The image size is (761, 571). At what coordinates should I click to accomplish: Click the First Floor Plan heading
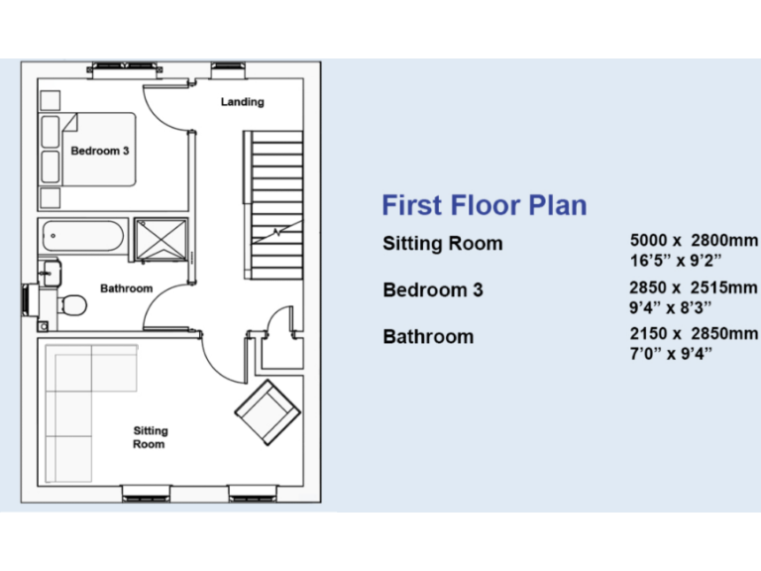pos(485,205)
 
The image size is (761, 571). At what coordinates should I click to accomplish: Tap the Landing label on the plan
pos(242,102)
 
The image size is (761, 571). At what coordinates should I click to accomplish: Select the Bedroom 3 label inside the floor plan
pos(99,151)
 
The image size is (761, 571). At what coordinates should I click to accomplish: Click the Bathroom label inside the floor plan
pos(126,288)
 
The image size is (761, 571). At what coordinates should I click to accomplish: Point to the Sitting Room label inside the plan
pos(150,437)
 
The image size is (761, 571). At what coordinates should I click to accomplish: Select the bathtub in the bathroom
pos(82,236)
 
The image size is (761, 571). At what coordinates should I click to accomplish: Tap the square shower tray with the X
pos(160,237)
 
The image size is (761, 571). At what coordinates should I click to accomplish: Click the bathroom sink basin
pos(49,269)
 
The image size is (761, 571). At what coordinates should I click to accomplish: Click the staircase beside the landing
pos(274,188)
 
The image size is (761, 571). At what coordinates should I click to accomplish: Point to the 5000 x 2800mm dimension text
pos(694,241)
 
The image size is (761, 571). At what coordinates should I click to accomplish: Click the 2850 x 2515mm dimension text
pos(694,287)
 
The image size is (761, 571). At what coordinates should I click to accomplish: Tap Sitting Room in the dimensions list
pos(443,244)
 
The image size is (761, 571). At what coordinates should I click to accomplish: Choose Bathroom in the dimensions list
pos(428,337)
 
